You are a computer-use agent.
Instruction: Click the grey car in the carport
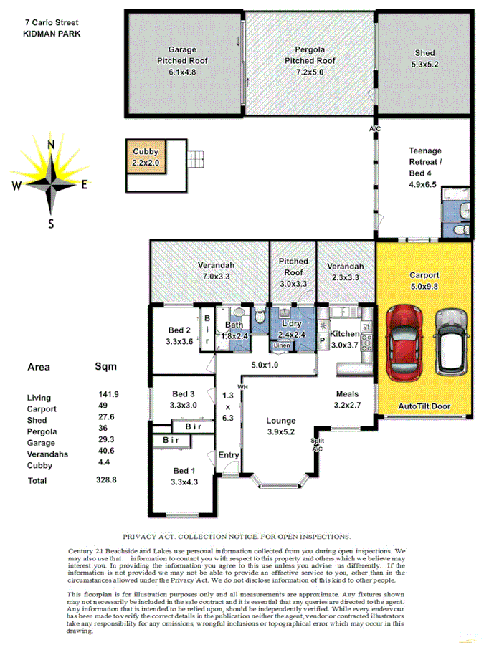(450, 342)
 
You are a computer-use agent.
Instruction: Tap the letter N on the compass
(51, 145)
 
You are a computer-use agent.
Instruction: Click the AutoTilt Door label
(424, 406)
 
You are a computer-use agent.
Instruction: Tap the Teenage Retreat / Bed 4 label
(425, 167)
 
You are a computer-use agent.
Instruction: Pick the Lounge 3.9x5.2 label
(282, 426)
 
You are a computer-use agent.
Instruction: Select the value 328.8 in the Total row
(108, 481)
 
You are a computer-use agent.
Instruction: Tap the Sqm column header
(105, 366)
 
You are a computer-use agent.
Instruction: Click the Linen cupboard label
(282, 347)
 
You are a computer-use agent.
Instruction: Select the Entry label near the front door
(229, 455)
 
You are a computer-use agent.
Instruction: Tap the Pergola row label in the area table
(41, 431)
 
